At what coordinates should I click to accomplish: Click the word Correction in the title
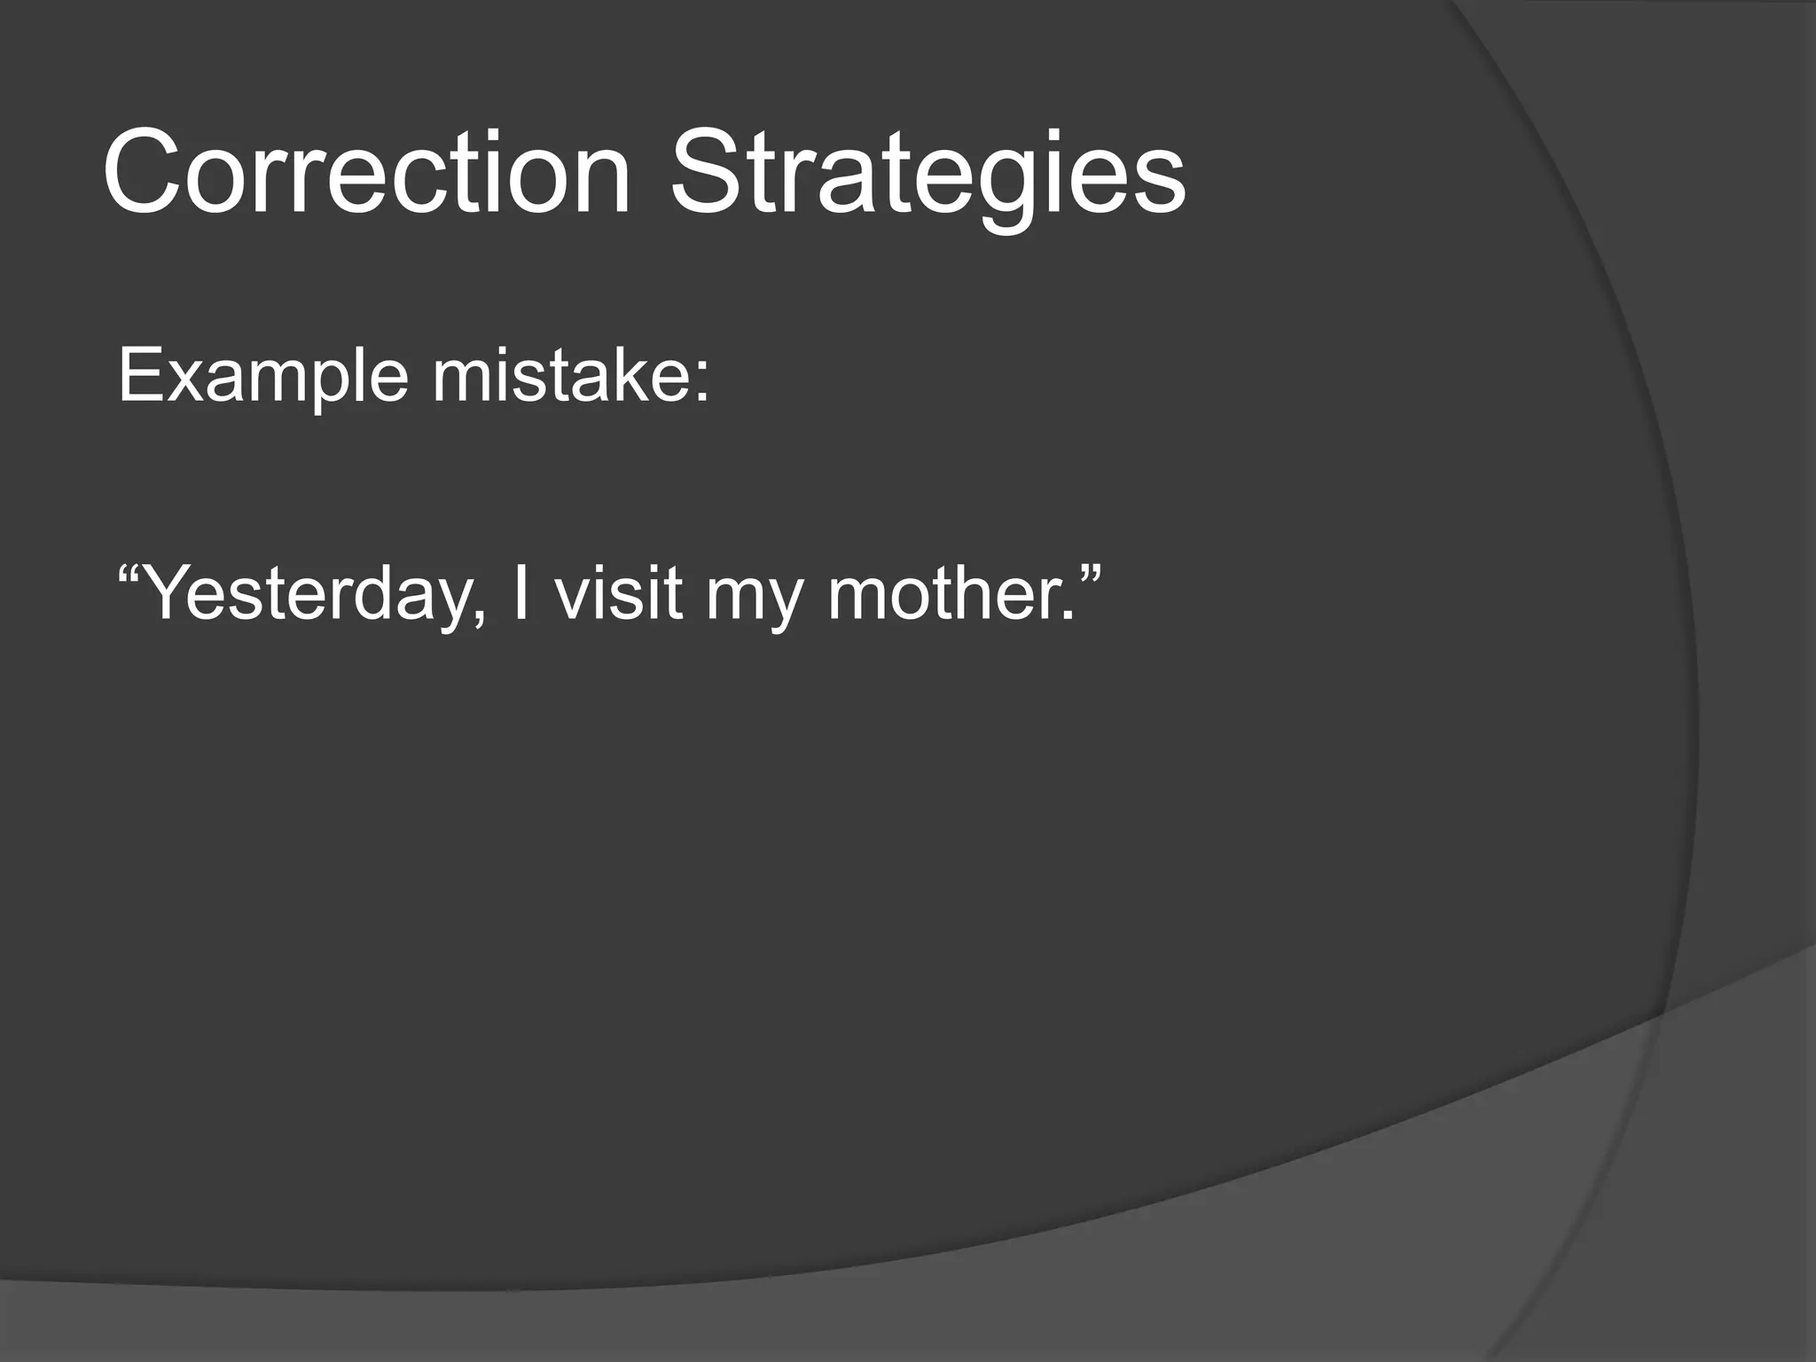(366, 173)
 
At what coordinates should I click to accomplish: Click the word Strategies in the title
(928, 173)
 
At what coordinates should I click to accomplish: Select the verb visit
(618, 591)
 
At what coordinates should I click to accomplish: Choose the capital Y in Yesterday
(168, 591)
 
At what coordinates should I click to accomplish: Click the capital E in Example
(139, 377)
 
